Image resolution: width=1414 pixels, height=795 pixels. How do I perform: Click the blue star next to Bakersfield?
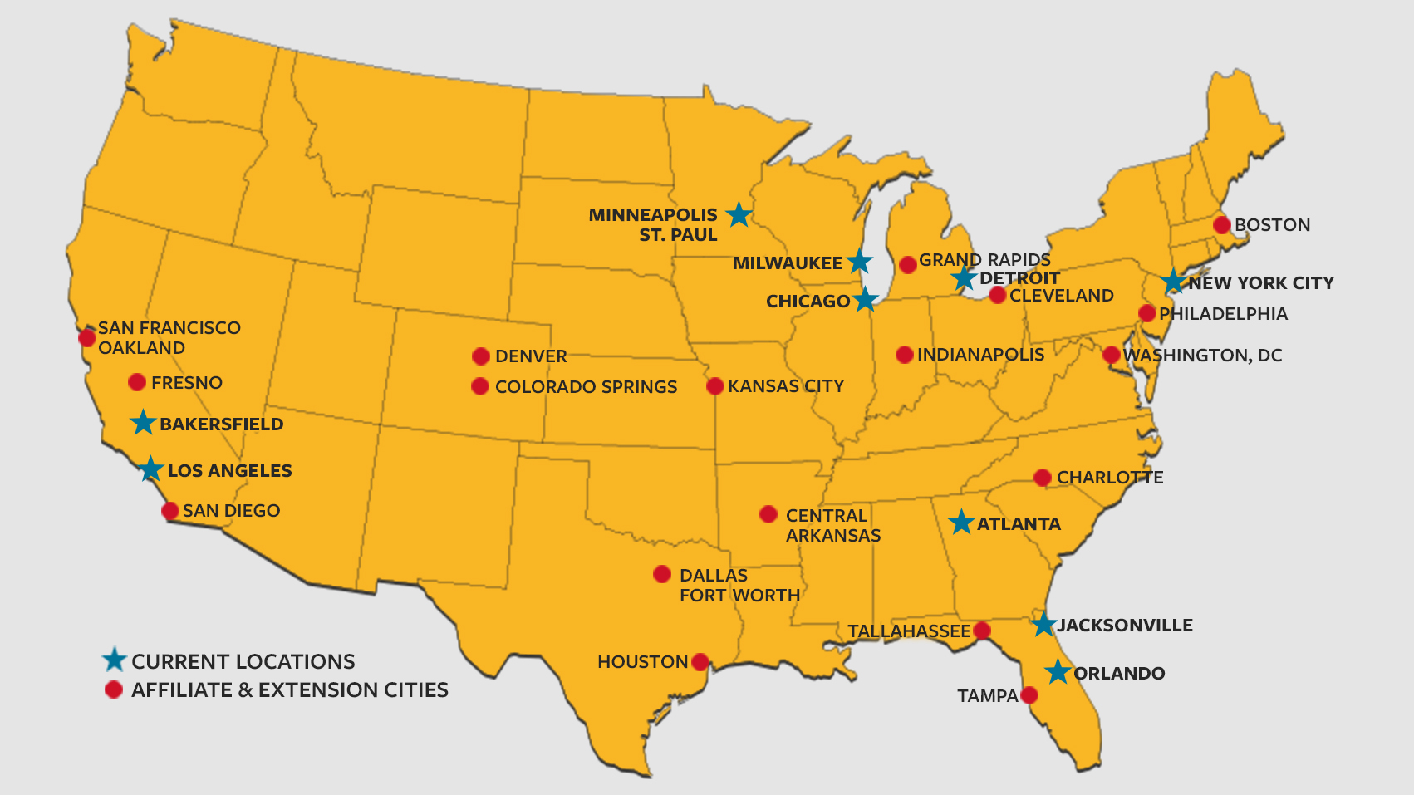tap(143, 423)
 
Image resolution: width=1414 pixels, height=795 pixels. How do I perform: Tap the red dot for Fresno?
tap(137, 382)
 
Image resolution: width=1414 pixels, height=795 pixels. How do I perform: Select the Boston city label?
tap(1272, 225)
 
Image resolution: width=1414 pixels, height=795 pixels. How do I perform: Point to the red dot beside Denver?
tap(480, 356)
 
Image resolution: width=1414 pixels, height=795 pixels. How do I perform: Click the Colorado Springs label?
tap(586, 387)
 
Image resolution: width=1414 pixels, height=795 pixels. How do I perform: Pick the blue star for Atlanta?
tap(961, 523)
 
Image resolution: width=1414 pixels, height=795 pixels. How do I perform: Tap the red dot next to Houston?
tap(700, 662)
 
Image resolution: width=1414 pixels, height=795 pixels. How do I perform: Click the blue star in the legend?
tap(114, 660)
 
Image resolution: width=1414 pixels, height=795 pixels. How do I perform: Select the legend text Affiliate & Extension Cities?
tap(289, 690)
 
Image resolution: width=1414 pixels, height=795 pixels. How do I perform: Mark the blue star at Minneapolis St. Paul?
tap(739, 215)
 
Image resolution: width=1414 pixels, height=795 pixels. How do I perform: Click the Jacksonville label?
tap(1125, 626)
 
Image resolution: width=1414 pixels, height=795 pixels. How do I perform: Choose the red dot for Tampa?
tap(1029, 695)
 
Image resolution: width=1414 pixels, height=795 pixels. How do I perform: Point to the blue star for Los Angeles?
tap(150, 469)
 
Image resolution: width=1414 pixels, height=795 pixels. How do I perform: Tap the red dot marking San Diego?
tap(170, 511)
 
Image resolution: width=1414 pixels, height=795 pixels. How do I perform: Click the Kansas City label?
tap(785, 386)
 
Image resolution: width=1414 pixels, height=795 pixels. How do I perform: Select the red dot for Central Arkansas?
tap(768, 514)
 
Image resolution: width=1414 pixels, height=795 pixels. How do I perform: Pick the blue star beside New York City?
tap(1173, 282)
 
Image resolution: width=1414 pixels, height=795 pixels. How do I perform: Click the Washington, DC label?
tap(1202, 356)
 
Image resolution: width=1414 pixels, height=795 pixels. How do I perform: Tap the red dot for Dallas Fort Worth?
tap(662, 574)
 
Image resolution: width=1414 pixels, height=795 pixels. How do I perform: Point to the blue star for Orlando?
tap(1058, 672)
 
